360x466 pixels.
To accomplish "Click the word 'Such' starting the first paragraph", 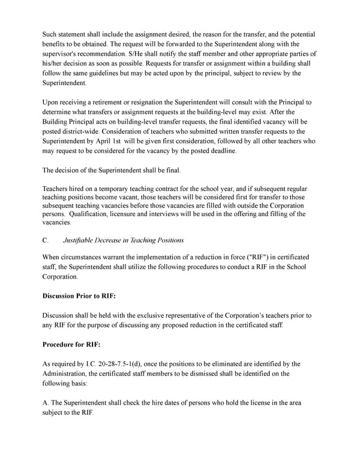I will point(50,34).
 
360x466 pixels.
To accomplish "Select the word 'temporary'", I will point(116,189).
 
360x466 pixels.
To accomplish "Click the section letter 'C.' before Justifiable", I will point(46,240).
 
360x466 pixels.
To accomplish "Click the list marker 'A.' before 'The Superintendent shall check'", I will point(46,403).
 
